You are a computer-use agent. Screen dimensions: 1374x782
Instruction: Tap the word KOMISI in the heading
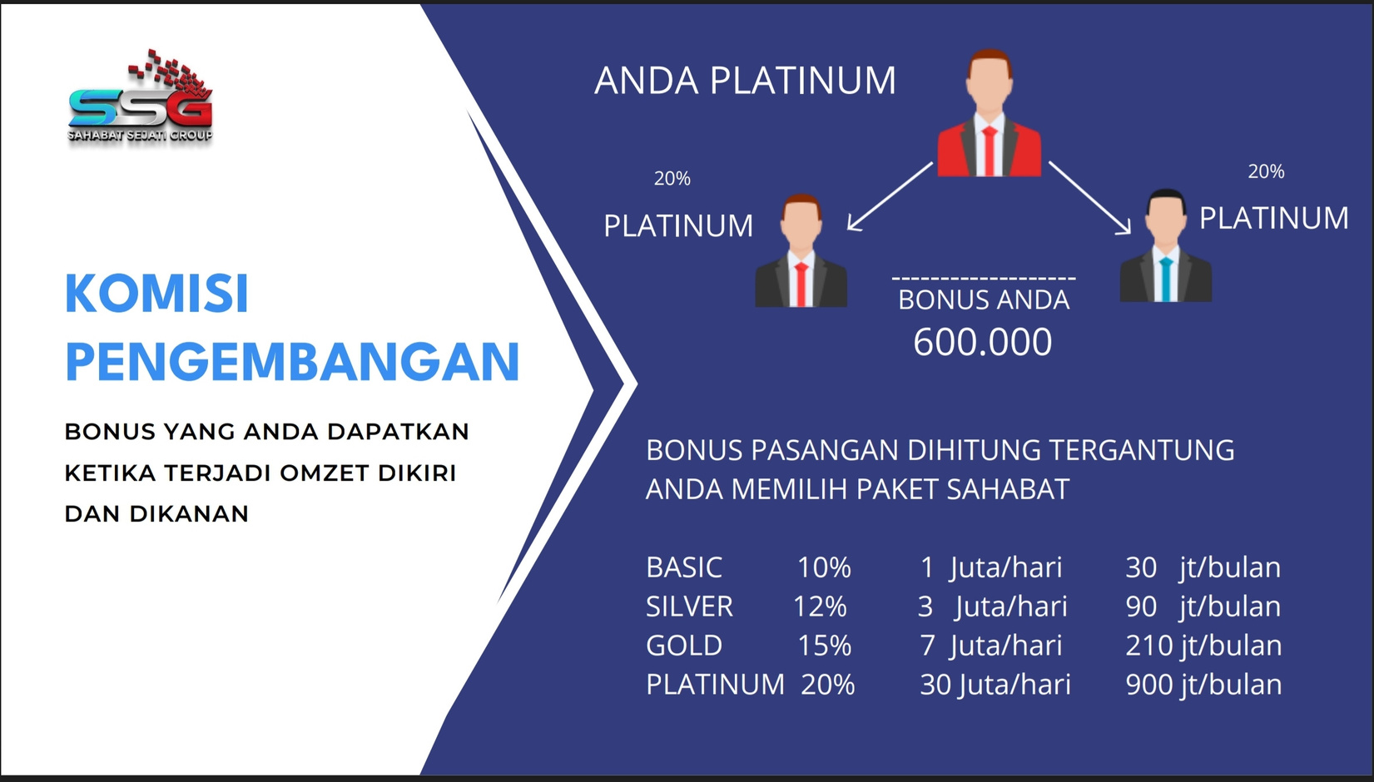[x=156, y=294]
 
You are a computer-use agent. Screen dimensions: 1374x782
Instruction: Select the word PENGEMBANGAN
[x=292, y=361]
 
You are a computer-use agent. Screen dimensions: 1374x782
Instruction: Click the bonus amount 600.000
[x=982, y=342]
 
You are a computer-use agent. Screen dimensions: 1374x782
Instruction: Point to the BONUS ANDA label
[x=984, y=300]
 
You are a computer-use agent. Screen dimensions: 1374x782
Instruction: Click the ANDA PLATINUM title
[x=746, y=81]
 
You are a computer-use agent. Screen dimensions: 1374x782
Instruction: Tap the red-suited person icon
[x=989, y=113]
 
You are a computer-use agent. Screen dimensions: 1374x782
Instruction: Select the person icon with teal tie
[x=1165, y=246]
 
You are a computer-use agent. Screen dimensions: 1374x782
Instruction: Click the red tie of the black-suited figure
[x=801, y=284]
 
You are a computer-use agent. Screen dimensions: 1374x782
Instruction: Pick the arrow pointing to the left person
[x=890, y=197]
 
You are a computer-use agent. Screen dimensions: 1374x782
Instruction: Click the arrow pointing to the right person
[x=1090, y=197]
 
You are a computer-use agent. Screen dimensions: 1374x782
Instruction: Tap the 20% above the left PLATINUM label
[x=672, y=179]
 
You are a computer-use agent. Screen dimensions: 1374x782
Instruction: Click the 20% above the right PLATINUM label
[x=1266, y=171]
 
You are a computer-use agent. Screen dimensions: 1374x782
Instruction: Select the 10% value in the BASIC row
[x=824, y=567]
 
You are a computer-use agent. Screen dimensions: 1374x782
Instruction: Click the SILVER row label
[x=689, y=606]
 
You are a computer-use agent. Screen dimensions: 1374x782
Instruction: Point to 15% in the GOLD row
[x=825, y=646]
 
